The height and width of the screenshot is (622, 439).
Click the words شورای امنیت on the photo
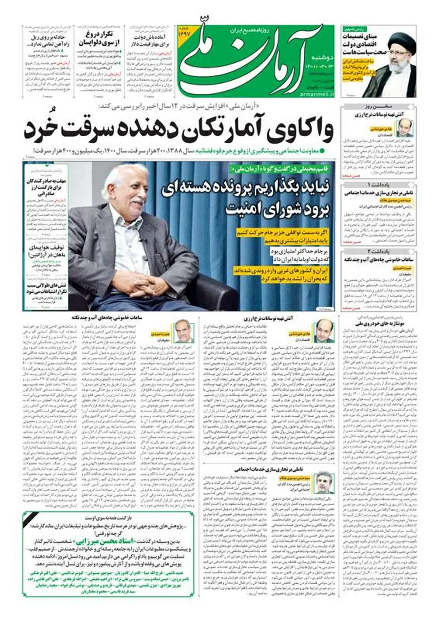click(x=252, y=208)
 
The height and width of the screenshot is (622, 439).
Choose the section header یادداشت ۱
click(x=379, y=184)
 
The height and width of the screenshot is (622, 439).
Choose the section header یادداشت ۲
click(x=379, y=251)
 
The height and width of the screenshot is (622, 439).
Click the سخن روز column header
click(x=379, y=107)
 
